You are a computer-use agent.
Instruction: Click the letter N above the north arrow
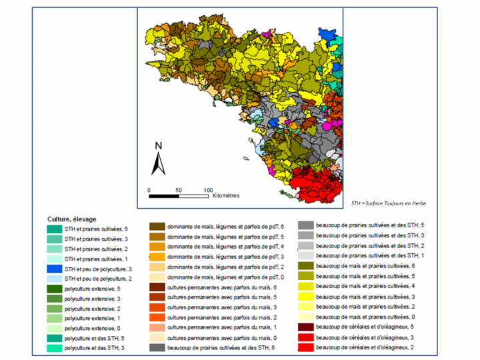(158, 145)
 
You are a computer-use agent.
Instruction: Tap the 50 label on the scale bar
(178, 190)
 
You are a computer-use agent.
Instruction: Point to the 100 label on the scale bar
(208, 190)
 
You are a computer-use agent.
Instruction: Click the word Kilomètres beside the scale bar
(226, 196)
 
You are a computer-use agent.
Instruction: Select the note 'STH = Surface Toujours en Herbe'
(388, 203)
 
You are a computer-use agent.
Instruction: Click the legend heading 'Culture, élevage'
(73, 219)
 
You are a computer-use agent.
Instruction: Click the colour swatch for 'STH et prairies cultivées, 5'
(55, 229)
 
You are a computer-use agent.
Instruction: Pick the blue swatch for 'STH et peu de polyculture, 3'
(55, 269)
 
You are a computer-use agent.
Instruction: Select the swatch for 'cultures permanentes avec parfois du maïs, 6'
(157, 287)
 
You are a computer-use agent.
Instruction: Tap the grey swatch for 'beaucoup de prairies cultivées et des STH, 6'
(157, 347)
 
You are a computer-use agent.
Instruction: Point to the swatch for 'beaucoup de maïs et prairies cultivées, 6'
(306, 266)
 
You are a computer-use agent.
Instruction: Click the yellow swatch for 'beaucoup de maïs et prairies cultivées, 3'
(306, 296)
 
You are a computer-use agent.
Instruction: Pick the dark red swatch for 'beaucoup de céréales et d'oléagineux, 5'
(306, 327)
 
